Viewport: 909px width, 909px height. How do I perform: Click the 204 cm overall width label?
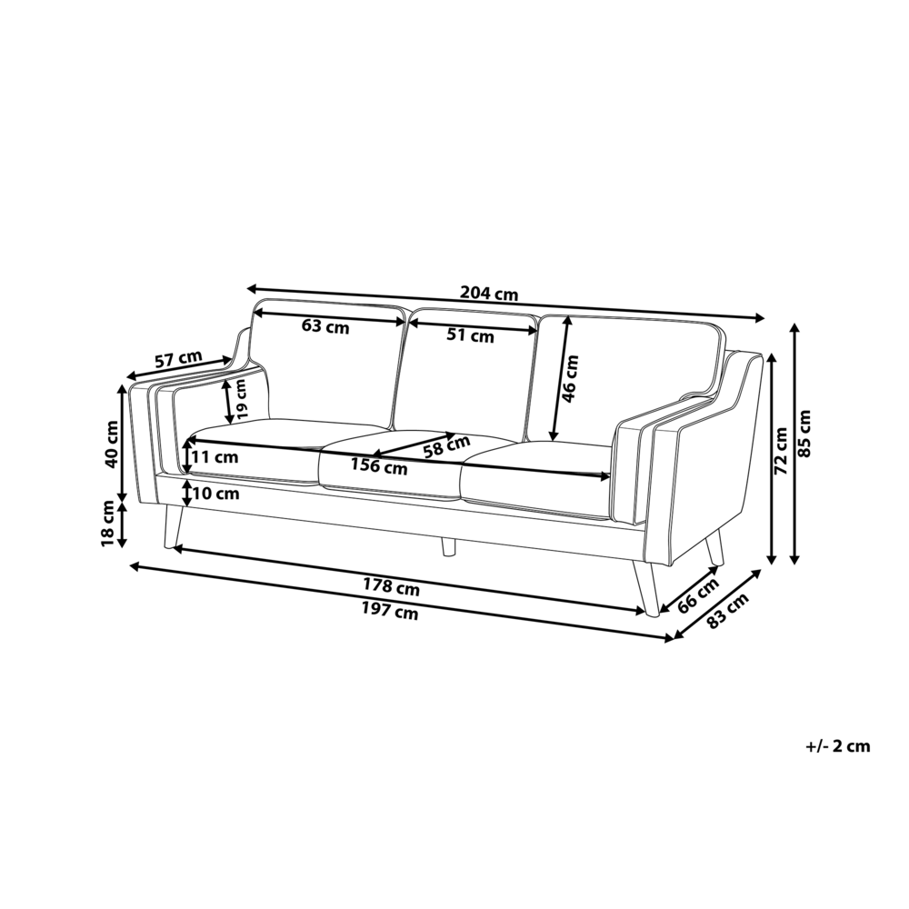[489, 294]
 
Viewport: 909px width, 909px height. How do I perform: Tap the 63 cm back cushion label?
[325, 326]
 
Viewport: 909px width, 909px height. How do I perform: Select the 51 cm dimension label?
[470, 335]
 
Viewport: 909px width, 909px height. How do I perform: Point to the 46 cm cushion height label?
[571, 378]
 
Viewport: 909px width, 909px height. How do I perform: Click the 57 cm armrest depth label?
[178, 359]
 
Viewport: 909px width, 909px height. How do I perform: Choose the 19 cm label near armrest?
[241, 398]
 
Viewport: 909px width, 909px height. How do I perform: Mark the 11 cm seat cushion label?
[215, 457]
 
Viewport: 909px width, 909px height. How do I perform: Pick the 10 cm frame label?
[215, 494]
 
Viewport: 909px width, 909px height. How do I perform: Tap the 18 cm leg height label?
[109, 523]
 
